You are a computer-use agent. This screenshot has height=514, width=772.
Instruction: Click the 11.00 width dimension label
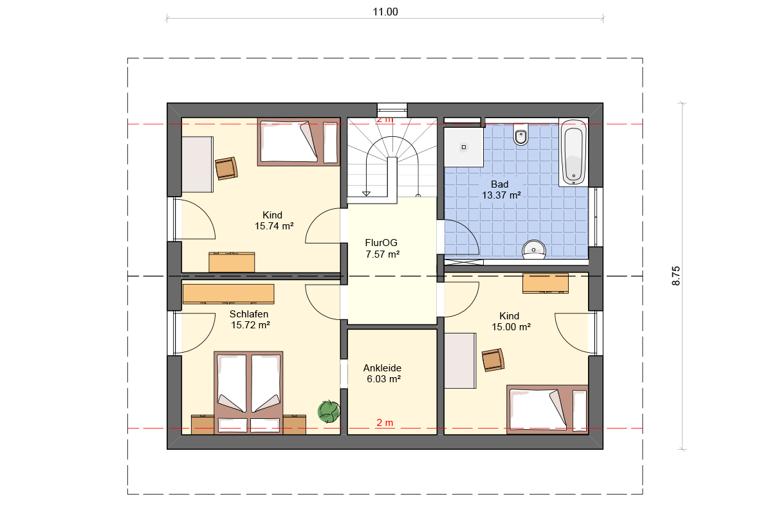click(x=385, y=12)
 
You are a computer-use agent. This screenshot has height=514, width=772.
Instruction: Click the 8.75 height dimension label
click(x=676, y=276)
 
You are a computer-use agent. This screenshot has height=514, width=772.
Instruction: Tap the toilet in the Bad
click(x=520, y=134)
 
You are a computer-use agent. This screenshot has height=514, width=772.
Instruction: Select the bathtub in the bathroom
click(x=573, y=152)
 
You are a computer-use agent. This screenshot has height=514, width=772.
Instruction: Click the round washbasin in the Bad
click(x=534, y=249)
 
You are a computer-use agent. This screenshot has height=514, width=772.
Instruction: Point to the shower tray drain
click(x=464, y=147)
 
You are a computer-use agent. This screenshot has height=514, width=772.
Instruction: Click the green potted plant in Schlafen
click(x=329, y=411)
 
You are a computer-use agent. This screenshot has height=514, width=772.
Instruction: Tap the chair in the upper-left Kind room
click(x=226, y=168)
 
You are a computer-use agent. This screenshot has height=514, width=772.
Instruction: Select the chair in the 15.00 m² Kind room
click(x=493, y=360)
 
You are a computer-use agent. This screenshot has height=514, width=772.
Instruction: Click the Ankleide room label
click(x=382, y=368)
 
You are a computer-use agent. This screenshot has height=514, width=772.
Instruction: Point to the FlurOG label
click(x=381, y=243)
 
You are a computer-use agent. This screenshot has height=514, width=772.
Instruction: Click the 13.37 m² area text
click(x=501, y=195)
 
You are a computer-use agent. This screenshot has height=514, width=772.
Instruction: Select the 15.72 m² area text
click(x=250, y=325)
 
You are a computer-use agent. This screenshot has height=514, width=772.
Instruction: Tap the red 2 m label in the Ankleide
click(x=385, y=423)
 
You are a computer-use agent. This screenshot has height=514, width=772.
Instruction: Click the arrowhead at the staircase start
click(x=366, y=194)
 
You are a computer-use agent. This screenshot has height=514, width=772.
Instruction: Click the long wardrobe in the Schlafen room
click(x=228, y=294)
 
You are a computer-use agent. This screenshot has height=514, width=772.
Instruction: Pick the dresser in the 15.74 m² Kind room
click(x=232, y=262)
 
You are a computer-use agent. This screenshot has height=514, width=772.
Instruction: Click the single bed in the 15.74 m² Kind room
click(x=299, y=142)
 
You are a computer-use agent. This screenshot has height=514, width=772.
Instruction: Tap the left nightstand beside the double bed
click(x=203, y=425)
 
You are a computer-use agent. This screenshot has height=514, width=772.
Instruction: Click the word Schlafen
click(x=249, y=314)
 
